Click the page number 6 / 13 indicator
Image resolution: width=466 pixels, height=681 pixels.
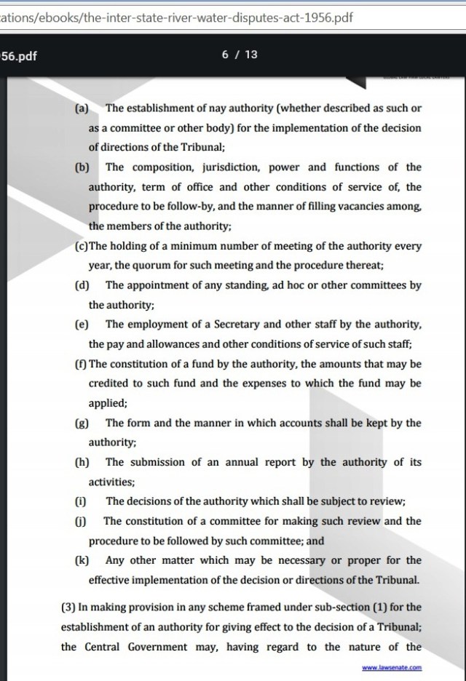(240, 54)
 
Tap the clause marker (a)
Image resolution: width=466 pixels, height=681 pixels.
(82, 108)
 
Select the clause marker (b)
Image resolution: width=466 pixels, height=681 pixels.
(82, 167)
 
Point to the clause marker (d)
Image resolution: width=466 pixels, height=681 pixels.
(82, 285)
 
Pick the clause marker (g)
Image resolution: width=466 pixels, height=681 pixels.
(82, 423)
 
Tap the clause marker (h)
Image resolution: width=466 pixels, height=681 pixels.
(82, 462)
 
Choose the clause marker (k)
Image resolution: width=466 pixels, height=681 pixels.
(82, 560)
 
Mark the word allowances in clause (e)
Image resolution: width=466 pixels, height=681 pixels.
(162, 344)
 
